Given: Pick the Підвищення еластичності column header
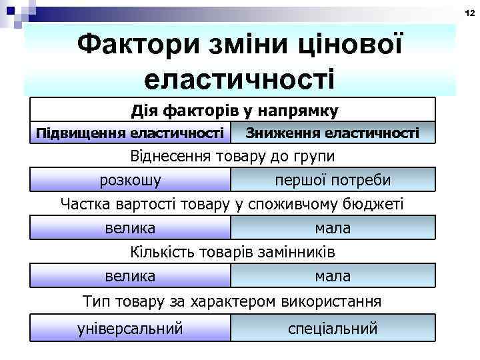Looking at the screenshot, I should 130,133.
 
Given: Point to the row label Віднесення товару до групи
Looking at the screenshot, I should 231,157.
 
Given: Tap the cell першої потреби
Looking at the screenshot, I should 333,180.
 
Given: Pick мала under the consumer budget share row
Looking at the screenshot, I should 333,228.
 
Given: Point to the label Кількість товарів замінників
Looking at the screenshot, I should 231,253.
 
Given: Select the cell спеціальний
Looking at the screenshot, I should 333,328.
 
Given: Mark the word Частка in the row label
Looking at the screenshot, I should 83,204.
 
